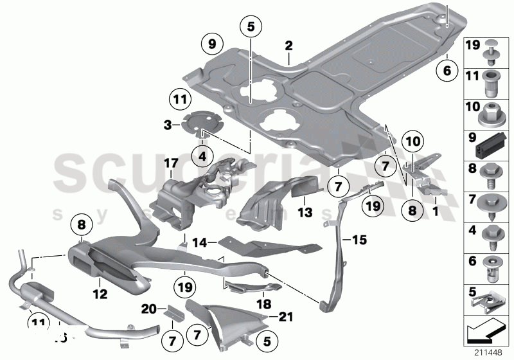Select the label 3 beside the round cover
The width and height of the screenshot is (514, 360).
[166, 123]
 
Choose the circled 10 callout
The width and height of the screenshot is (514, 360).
[414, 140]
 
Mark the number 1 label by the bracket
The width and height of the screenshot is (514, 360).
[436, 209]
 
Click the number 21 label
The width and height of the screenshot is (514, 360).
[285, 316]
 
